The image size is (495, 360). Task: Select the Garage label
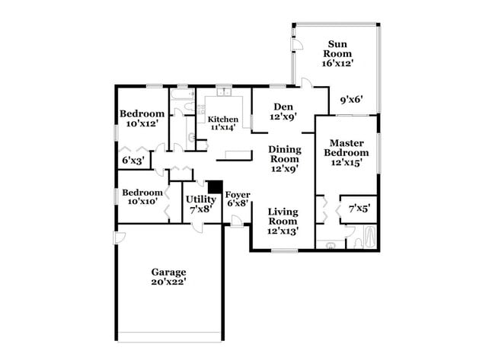(168, 271)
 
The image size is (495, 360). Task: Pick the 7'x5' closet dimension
(358, 208)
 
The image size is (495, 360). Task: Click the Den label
(282, 107)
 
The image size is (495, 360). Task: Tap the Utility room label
(200, 199)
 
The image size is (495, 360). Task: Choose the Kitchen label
(223, 119)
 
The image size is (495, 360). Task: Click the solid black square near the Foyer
(215, 186)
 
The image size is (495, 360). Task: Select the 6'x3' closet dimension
(133, 161)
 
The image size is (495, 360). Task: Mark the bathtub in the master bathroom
(370, 237)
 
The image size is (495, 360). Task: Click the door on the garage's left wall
(119, 237)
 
